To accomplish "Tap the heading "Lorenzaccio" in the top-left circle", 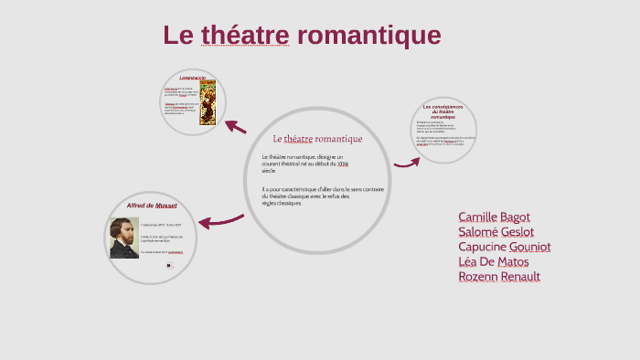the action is click(192, 79).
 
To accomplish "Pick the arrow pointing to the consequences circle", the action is click(407, 164).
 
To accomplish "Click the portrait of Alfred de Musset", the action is click(123, 238).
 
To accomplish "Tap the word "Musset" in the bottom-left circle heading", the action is click(165, 206).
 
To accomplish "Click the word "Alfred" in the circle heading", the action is click(138, 206).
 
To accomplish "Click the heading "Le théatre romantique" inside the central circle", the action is click(317, 139).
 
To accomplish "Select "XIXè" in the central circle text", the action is click(342, 164).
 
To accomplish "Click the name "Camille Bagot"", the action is click(495, 217).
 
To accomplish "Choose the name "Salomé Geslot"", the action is click(496, 232).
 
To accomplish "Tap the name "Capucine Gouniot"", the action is click(504, 247).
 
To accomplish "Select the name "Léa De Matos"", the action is click(493, 261).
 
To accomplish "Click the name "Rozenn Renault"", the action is click(498, 276).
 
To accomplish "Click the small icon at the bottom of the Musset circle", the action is click(169, 266).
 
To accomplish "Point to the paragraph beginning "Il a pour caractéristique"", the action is click(322, 196).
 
